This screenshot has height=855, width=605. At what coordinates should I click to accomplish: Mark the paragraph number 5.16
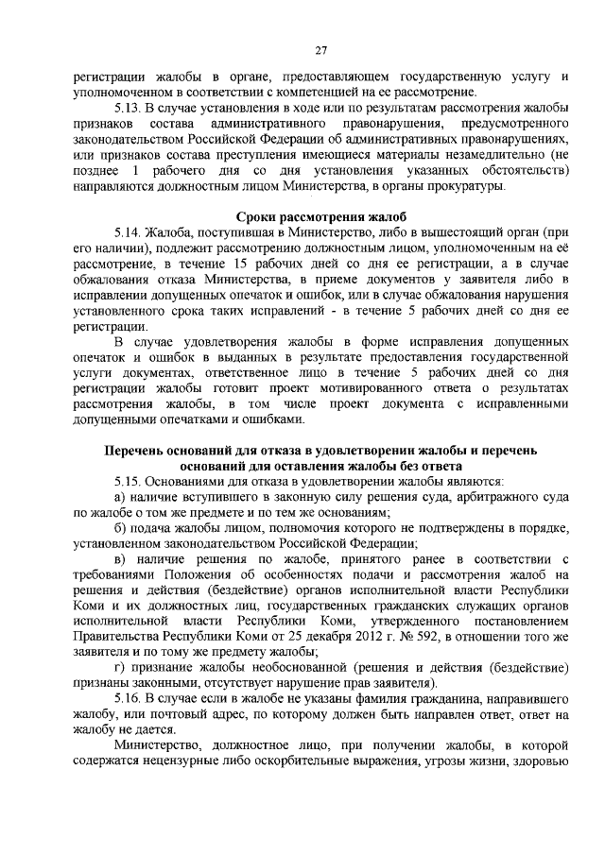coord(130,697)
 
